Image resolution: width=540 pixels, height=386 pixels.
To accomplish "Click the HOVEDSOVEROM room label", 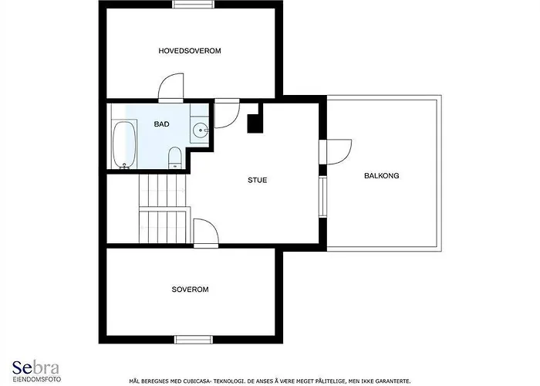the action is pos(190,51).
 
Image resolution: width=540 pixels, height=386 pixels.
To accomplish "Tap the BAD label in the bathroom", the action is pos(161,124).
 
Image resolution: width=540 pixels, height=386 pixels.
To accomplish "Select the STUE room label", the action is pos(257,180).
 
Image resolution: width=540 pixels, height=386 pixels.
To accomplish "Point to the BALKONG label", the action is pos(382,176).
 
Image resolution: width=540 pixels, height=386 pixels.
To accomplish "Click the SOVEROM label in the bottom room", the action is pos(190,289).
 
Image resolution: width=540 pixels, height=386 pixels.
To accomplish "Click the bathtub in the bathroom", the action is pos(123,144).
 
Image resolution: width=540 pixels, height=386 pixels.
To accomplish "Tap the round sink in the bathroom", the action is pos(200,130).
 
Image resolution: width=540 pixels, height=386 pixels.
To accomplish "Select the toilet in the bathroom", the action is pos(175,157).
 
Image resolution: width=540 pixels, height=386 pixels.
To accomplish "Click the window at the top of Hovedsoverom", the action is pos(193,4).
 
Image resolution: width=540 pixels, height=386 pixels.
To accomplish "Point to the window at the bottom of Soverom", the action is pos(194,340).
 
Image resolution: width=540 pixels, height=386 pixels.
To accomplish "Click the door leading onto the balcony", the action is pos(336,152).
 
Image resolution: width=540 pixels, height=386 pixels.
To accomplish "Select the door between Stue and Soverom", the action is pos(206,233).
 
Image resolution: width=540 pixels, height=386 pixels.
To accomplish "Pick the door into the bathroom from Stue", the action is pos(227,113).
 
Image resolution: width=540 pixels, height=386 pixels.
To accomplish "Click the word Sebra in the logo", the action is pos(35,367).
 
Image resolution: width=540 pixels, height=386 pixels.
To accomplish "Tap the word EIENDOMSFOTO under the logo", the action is pos(37,379).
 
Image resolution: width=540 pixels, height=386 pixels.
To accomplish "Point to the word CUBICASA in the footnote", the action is pos(193,381).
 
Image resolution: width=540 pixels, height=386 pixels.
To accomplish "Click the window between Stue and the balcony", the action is pos(322,196).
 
